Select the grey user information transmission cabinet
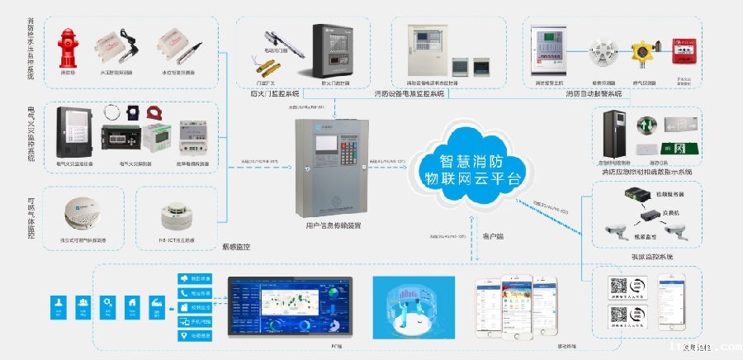[329, 169]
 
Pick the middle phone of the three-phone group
[509, 301]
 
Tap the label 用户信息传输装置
[329, 225]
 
